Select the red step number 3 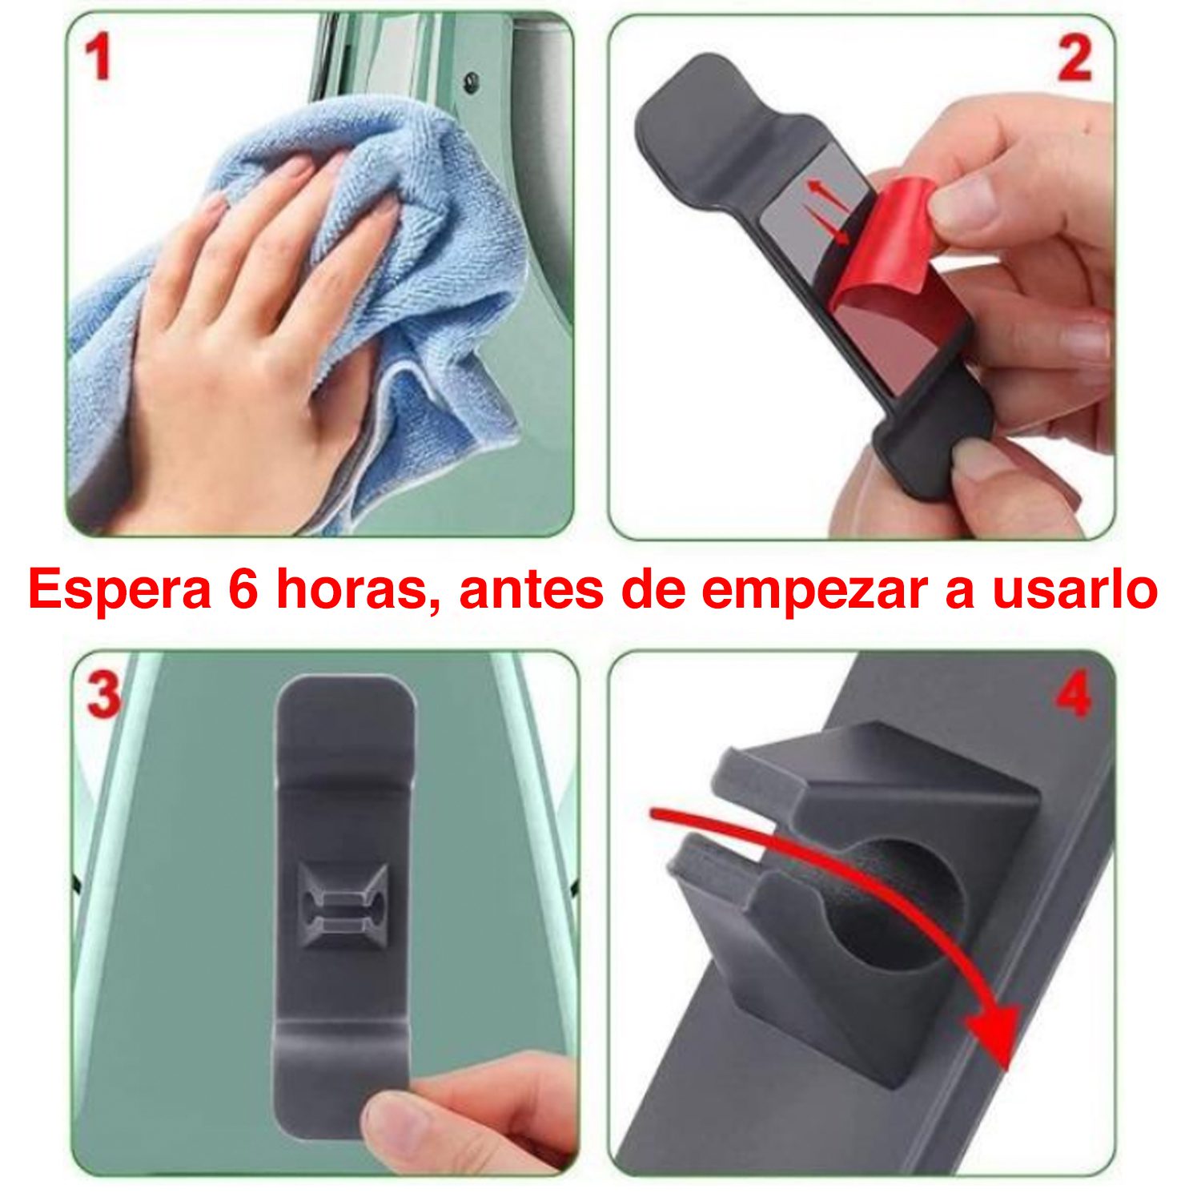pos(102,693)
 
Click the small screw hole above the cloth pos(472,80)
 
